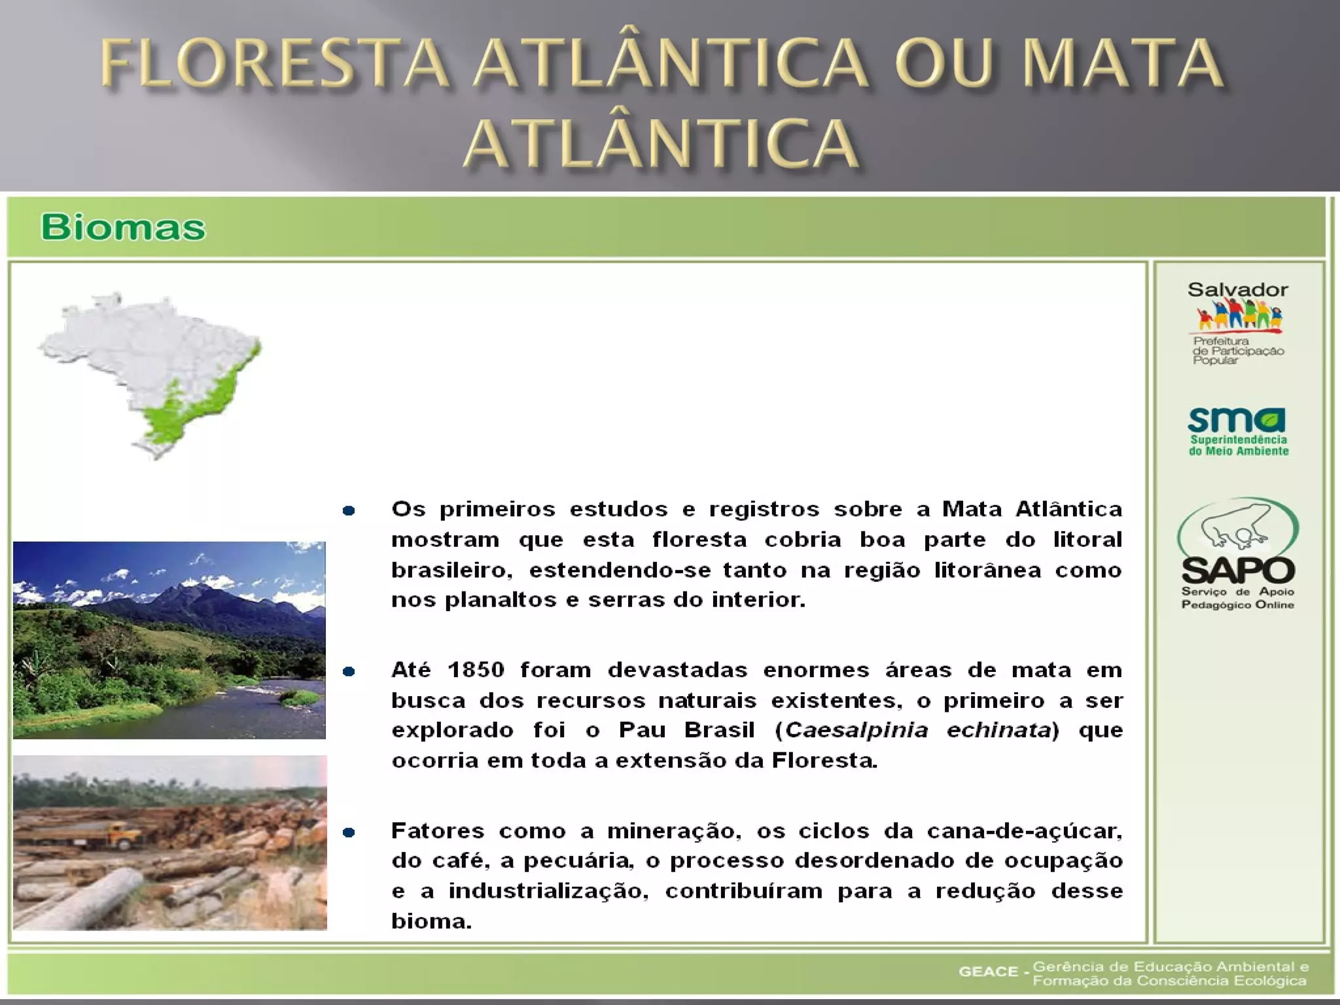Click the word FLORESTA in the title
click(275, 63)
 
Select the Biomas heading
click(123, 228)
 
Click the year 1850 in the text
click(476, 670)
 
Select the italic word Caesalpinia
click(856, 730)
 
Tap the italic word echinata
click(998, 730)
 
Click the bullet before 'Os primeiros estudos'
click(349, 510)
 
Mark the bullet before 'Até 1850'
click(349, 671)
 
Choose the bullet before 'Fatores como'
click(349, 832)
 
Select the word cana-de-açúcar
click(1024, 831)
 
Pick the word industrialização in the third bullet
click(548, 891)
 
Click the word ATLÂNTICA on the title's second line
click(661, 143)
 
